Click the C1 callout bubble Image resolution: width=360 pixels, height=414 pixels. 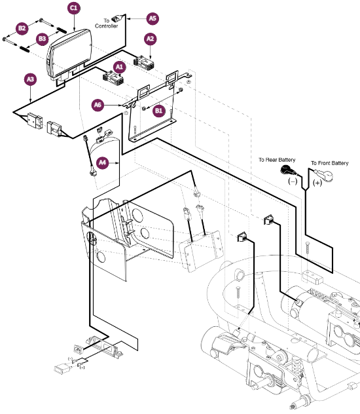tap(73, 9)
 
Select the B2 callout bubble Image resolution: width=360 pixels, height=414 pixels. tap(22, 28)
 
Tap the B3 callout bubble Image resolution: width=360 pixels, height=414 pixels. tap(42, 39)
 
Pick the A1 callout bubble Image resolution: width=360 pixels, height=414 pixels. tap(118, 67)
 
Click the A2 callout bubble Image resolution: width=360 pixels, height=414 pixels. tap(150, 39)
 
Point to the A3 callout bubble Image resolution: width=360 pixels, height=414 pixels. tap(30, 80)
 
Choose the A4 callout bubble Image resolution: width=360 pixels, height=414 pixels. tap(102, 162)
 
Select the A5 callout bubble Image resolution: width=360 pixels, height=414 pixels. tap(152, 18)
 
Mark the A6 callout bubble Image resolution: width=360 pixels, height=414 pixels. tap(98, 104)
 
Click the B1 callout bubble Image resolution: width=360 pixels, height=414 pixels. tap(158, 111)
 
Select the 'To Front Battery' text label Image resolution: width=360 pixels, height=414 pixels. tap(331, 162)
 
